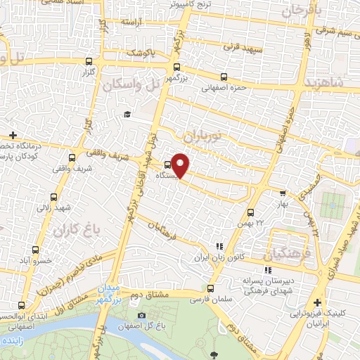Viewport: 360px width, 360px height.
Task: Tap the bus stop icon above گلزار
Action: click(89, 61)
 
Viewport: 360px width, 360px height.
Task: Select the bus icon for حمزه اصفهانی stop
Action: click(224, 77)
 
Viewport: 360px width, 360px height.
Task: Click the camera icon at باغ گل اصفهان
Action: click(142, 316)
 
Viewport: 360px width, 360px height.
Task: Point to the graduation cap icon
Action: click(127, 115)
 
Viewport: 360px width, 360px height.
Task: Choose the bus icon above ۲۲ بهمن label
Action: click(251, 212)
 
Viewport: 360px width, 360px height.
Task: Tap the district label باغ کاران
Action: click(74, 229)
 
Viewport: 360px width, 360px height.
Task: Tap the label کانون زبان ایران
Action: click(220, 257)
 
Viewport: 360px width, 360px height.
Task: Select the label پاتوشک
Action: click(142, 53)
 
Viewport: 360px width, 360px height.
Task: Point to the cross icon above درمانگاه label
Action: click(13, 135)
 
